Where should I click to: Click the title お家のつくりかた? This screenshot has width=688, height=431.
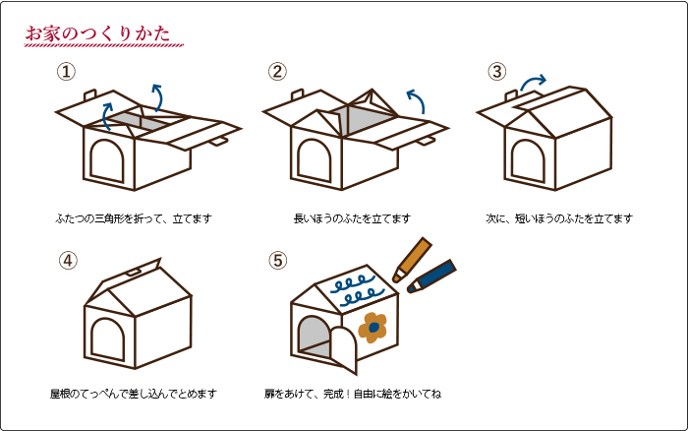[x=97, y=33]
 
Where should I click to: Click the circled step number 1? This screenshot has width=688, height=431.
[x=66, y=72]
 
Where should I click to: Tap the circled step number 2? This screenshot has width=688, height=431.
[x=277, y=72]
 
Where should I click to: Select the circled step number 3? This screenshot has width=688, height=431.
[x=497, y=72]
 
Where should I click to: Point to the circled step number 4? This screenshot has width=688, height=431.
[x=68, y=261]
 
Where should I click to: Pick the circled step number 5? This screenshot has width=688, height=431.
[x=278, y=261]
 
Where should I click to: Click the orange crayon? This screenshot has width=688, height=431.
[x=412, y=260]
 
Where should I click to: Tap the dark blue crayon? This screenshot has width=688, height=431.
[x=431, y=276]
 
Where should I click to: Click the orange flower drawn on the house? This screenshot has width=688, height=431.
[x=373, y=328]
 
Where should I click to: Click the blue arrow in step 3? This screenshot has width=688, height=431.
[x=532, y=81]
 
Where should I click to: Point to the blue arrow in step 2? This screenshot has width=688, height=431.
[x=418, y=99]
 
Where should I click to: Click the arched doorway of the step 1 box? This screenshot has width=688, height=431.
[x=107, y=160]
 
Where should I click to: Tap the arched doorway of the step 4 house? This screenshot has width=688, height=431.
[x=108, y=339]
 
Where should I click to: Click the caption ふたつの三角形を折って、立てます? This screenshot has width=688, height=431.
[x=134, y=218]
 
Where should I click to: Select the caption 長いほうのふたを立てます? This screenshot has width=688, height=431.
[x=352, y=218]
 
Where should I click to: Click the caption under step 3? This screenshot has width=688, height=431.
[x=559, y=218]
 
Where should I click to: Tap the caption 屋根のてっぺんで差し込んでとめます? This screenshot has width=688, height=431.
[x=134, y=394]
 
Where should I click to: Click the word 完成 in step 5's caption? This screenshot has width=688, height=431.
[x=333, y=394]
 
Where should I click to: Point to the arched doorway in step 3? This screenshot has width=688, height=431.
[x=529, y=160]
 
